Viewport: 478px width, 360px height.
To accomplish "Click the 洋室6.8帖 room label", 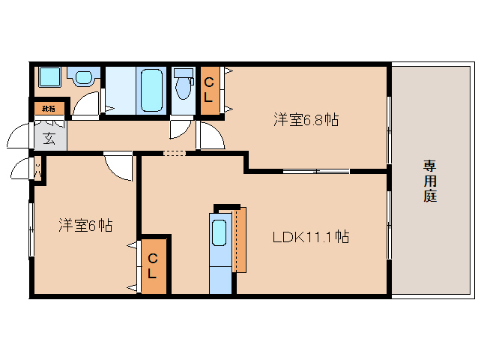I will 305,118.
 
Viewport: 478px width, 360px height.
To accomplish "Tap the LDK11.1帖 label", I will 310,237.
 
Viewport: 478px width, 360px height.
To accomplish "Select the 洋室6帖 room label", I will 85,224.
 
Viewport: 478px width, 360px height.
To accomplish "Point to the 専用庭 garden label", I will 429,181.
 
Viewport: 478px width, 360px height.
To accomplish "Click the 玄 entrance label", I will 49,138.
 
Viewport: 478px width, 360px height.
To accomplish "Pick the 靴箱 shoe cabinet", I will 49,109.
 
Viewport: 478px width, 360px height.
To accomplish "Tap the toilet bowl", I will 183,87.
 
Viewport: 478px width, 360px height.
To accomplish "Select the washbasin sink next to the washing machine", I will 82,77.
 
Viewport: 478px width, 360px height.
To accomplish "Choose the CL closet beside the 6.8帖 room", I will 209,91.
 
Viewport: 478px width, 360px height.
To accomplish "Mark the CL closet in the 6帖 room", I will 153,266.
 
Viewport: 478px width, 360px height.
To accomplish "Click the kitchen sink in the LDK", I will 220,232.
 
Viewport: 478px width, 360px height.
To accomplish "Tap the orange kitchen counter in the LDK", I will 240,240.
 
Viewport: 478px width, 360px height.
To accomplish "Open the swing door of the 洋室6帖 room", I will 118,166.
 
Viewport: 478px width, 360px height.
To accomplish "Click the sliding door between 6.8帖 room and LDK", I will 316,172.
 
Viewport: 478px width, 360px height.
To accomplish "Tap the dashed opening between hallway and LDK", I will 174,153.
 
